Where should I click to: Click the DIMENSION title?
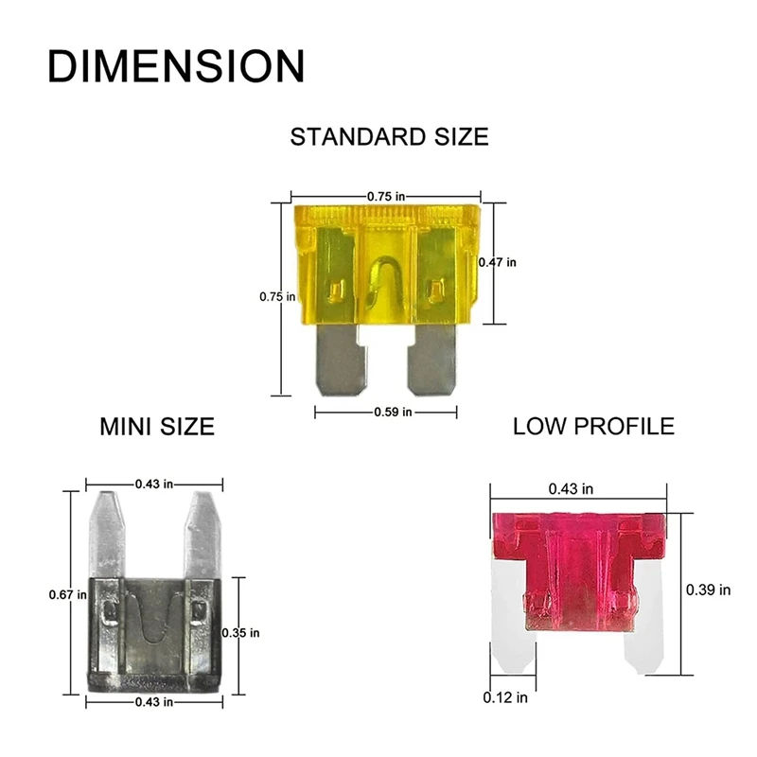pos(176,66)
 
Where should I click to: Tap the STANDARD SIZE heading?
pos(389,136)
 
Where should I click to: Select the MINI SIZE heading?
pos(157,427)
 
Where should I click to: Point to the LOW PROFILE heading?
pos(593,427)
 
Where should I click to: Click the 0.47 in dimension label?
pos(498,262)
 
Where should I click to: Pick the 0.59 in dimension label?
pos(393,412)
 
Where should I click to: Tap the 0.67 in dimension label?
pos(67,595)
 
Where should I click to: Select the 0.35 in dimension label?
pos(240,632)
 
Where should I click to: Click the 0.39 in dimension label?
pos(708,590)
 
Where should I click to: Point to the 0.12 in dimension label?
pos(505,697)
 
